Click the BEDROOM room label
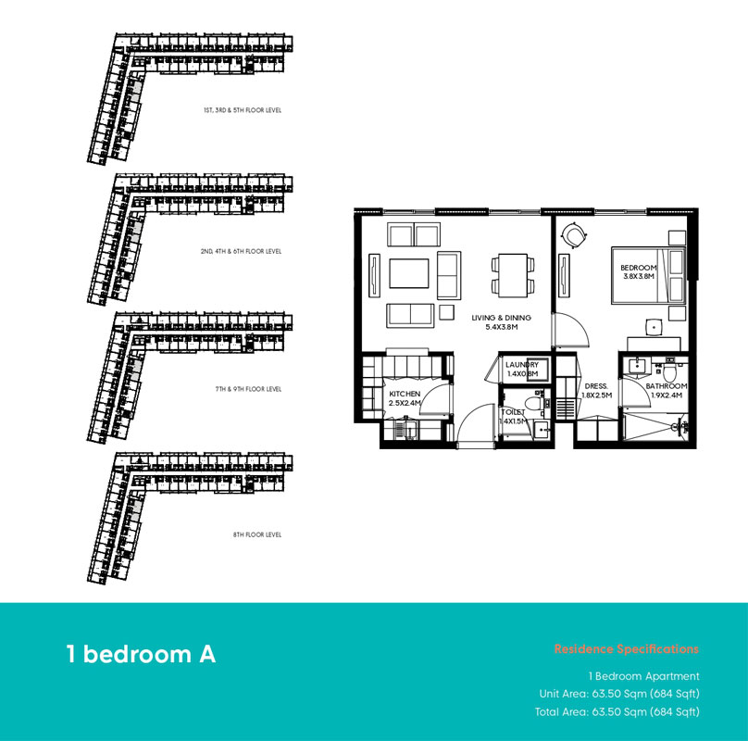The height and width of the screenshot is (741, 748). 638,268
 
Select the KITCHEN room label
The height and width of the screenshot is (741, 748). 405,394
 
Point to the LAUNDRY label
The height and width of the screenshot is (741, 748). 521,365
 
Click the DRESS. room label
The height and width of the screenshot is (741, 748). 595,386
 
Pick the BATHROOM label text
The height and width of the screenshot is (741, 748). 666,386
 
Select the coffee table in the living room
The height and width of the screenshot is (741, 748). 408,274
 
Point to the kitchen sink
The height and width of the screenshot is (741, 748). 400,430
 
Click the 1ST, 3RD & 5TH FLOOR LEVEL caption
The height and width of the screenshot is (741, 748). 243,110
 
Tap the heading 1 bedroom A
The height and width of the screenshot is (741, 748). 141,654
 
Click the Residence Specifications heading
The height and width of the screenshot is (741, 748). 626,649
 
